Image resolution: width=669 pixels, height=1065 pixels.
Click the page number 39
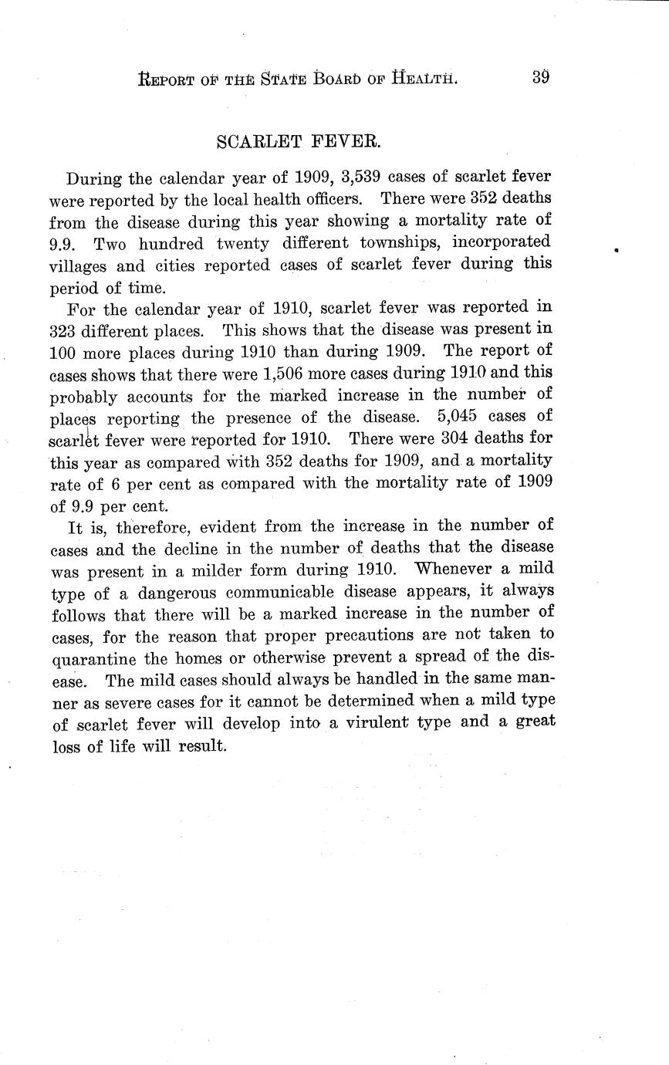(x=539, y=78)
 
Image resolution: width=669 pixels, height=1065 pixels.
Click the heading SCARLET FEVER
(x=302, y=142)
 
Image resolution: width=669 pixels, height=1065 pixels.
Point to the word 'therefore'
(x=134, y=527)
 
